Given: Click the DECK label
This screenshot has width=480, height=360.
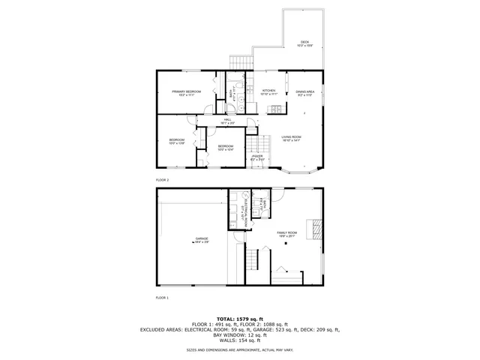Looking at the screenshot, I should click(304, 43).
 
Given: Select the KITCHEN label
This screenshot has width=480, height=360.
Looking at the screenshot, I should click(269, 93).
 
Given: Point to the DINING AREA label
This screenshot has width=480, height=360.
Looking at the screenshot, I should click(304, 93).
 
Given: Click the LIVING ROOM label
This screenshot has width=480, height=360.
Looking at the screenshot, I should click(291, 138).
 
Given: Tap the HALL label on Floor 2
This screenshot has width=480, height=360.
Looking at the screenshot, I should click(227, 121).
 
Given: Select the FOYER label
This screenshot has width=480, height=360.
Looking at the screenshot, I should click(257, 157).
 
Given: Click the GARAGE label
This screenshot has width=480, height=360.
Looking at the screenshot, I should click(202, 240).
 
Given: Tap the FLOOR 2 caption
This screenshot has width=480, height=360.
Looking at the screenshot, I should click(163, 181).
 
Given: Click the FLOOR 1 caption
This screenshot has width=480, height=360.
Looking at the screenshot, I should click(163, 298).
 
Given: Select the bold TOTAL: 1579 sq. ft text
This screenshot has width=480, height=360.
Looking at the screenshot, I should click(241, 318).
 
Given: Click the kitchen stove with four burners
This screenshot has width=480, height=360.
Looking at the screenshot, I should click(276, 110).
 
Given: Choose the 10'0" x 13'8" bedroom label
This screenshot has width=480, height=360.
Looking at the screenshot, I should click(176, 141).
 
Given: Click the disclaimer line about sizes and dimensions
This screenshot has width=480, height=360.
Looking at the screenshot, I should click(241, 350).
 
